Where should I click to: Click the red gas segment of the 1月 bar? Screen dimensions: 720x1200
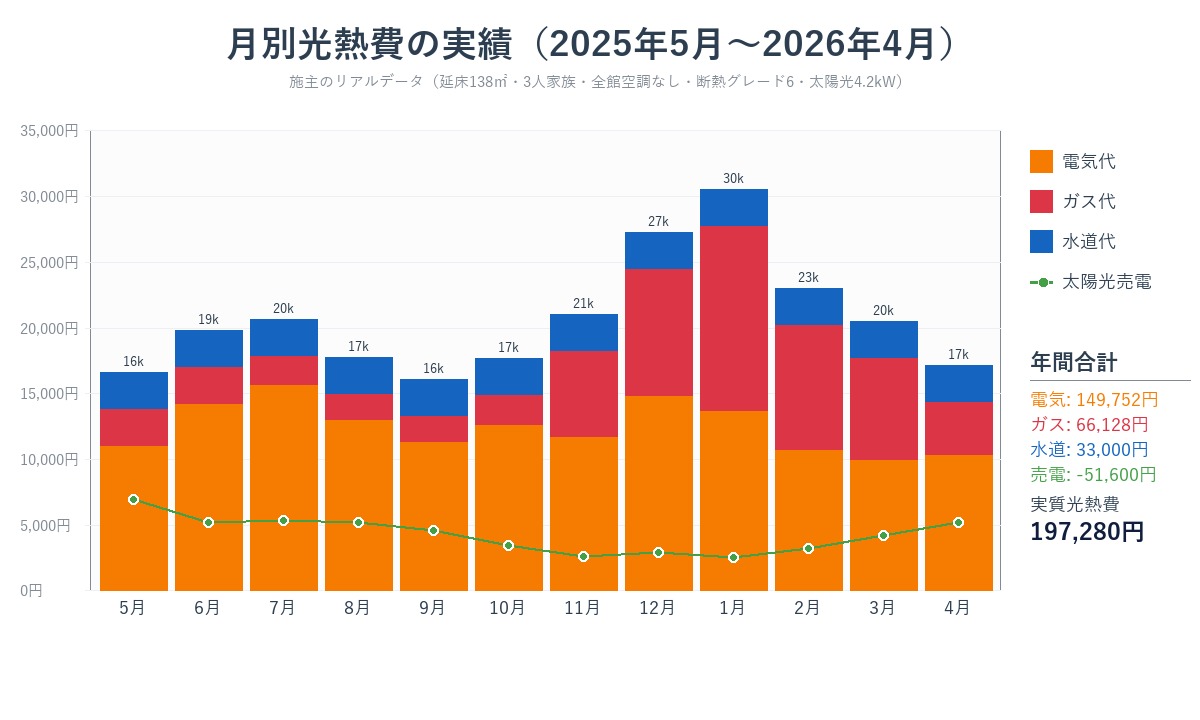[x=733, y=318]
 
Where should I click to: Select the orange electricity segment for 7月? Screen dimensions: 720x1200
[x=283, y=487]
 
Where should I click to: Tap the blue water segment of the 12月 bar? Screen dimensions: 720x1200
[x=658, y=251]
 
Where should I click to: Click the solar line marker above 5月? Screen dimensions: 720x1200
[x=133, y=499]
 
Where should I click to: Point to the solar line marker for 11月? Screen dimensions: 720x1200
[x=583, y=556]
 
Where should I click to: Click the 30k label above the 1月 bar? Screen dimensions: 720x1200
[x=733, y=178]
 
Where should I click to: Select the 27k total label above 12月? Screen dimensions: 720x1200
[x=658, y=221]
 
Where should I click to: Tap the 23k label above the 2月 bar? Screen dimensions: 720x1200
[x=808, y=277]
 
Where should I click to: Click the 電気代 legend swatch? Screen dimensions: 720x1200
[x=1041, y=162]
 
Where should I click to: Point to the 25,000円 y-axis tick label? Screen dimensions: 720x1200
[x=49, y=262]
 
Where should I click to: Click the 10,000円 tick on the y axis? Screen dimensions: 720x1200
[x=49, y=459]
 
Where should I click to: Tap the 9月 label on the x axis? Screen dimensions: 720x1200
[x=433, y=608]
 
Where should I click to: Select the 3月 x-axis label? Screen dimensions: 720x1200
[x=883, y=608]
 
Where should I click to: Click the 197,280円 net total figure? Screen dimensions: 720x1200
[x=1087, y=531]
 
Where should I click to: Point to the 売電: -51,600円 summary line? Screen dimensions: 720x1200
[x=1093, y=474]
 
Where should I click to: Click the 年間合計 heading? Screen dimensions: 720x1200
[x=1074, y=362]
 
